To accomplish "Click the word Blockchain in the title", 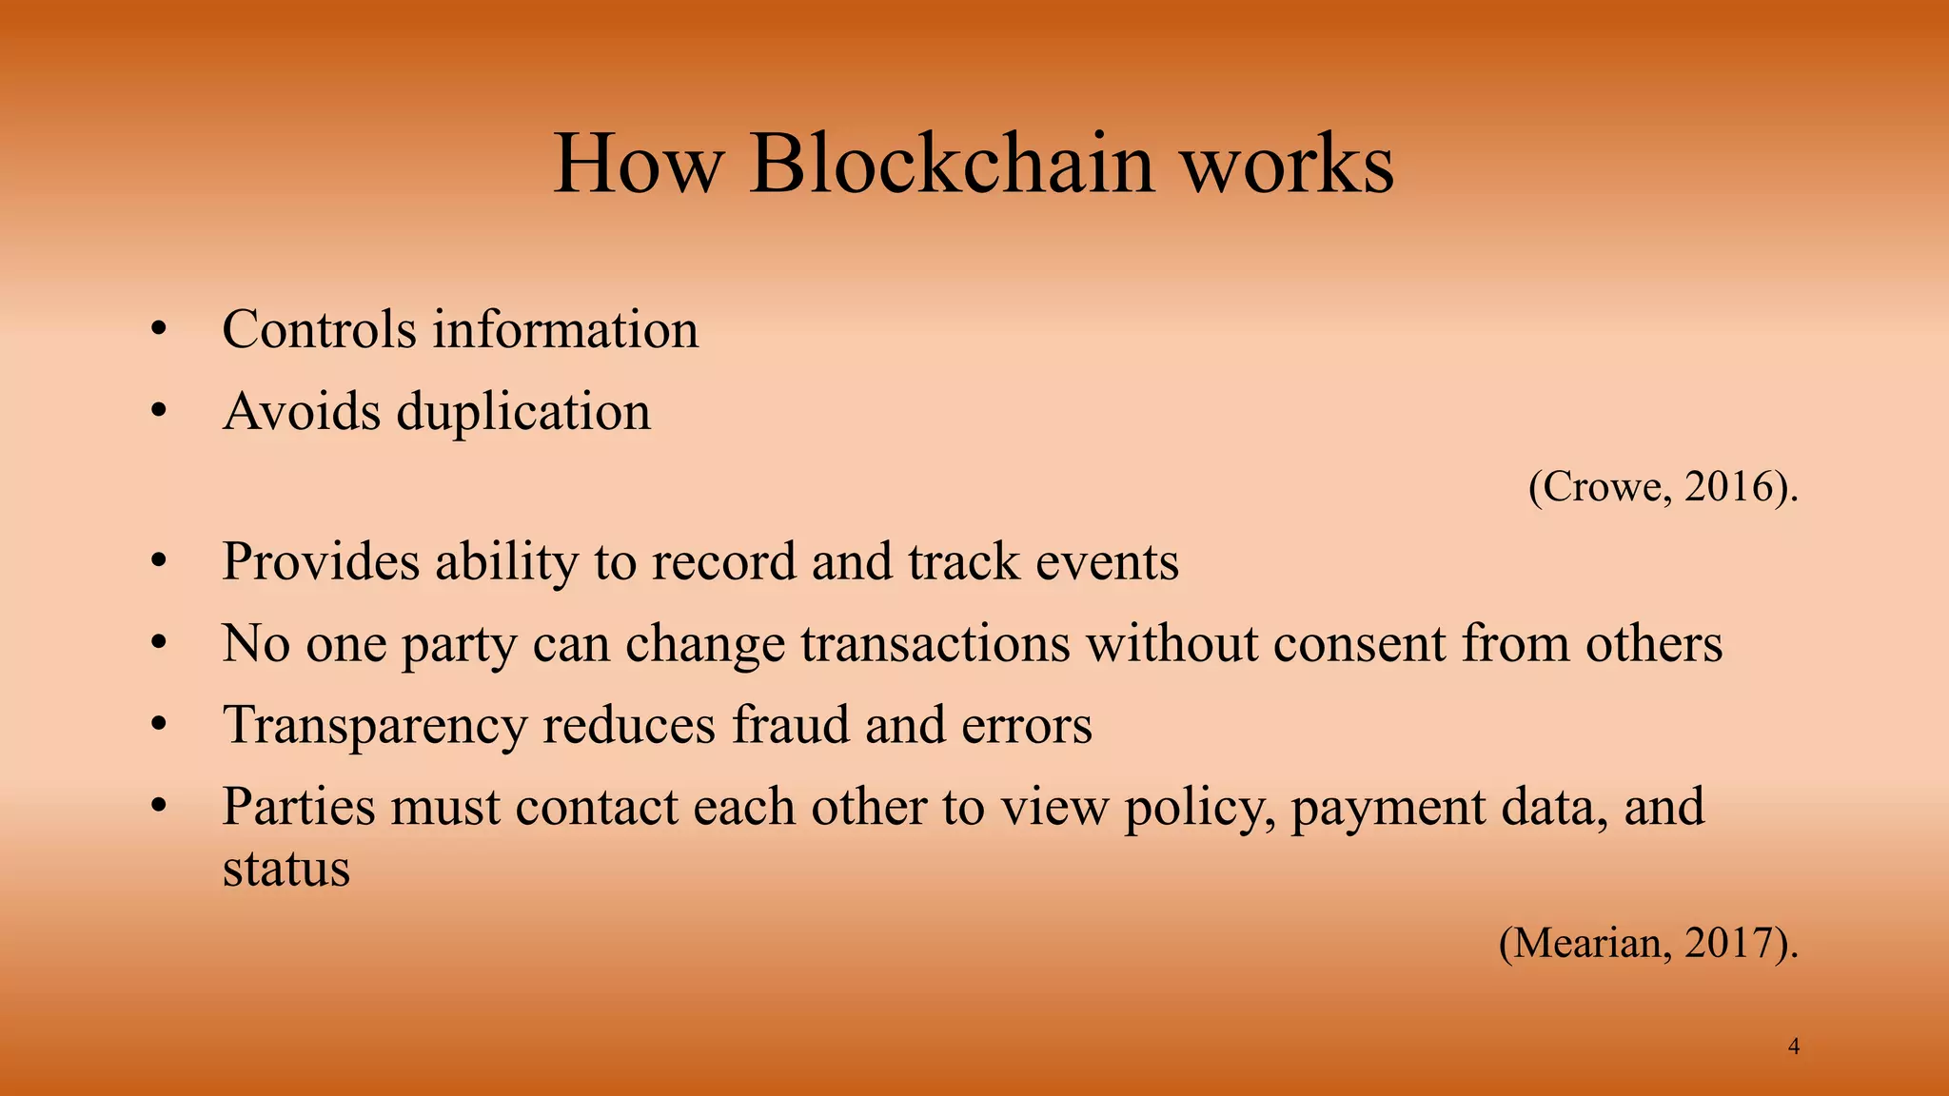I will (952, 164).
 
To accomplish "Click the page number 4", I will (1794, 1047).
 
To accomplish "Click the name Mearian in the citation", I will (1586, 943).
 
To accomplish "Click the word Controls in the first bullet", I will (319, 330).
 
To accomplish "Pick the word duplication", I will (523, 412).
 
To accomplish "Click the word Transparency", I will (374, 725).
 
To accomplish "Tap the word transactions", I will (935, 643).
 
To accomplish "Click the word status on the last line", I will (285, 868).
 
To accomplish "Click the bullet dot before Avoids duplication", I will (159, 412).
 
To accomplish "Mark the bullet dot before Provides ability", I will (159, 561).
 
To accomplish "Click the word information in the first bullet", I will (565, 330).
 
